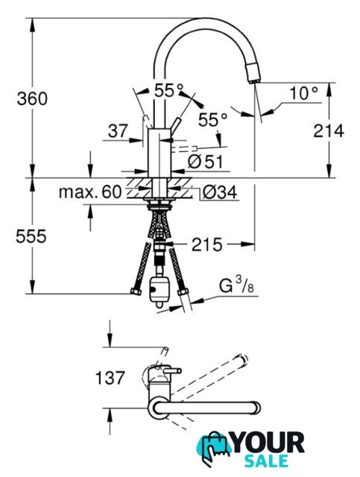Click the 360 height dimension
pyautogui.click(x=32, y=98)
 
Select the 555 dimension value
pyautogui.click(x=31, y=236)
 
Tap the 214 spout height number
pyautogui.click(x=329, y=131)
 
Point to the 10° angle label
pyautogui.click(x=303, y=92)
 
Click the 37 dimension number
pyautogui.click(x=118, y=131)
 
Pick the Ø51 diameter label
pyautogui.click(x=206, y=162)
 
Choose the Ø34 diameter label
pyautogui.click(x=220, y=192)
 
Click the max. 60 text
pyautogui.click(x=90, y=192)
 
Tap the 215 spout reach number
pyautogui.click(x=207, y=244)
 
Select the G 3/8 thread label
pyautogui.click(x=236, y=286)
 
